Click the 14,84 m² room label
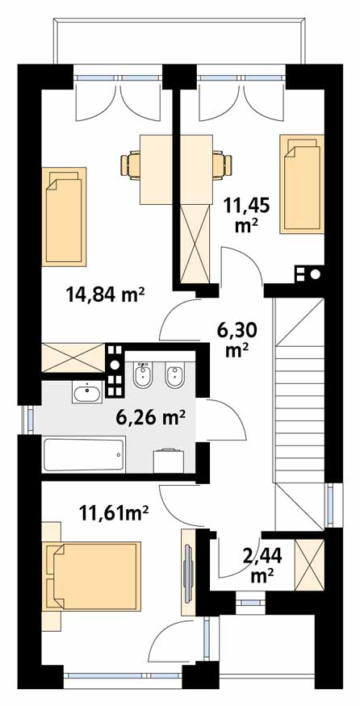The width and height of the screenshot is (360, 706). (x=105, y=295)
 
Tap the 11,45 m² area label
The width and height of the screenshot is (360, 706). (x=246, y=215)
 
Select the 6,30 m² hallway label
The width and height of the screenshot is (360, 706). (x=237, y=340)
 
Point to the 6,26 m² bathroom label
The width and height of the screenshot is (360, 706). (x=151, y=418)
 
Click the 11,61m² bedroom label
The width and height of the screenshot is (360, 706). (x=114, y=512)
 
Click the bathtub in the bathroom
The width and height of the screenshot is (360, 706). (x=83, y=455)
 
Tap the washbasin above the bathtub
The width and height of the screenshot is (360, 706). (x=87, y=393)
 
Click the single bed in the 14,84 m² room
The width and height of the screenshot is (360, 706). (x=64, y=216)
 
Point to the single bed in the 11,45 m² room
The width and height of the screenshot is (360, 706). (x=302, y=184)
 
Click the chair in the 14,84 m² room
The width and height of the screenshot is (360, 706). (x=131, y=166)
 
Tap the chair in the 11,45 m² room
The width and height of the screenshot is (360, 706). (x=222, y=164)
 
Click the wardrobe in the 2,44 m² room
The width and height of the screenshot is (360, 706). (x=309, y=564)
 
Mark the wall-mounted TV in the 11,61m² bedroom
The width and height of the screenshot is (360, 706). (x=188, y=566)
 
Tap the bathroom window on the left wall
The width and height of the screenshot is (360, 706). (x=30, y=420)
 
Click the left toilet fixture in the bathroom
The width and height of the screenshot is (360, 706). (x=144, y=374)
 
